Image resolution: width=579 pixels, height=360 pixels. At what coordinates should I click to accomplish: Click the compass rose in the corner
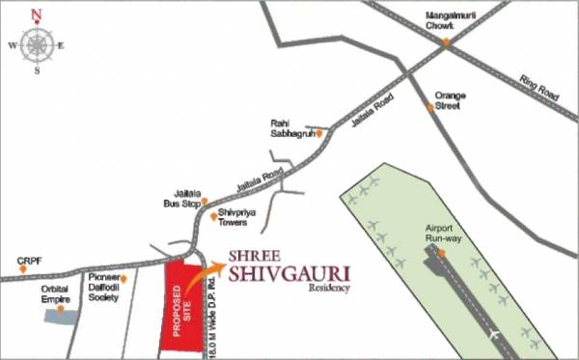tap(37, 44)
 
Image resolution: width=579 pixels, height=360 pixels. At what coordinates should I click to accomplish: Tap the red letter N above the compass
tap(37, 14)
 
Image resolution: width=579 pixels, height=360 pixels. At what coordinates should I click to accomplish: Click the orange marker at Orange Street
tap(431, 107)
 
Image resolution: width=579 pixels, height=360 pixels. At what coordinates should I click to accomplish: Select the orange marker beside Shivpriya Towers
tap(213, 215)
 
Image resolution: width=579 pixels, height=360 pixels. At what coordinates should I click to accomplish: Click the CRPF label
tap(28, 260)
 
